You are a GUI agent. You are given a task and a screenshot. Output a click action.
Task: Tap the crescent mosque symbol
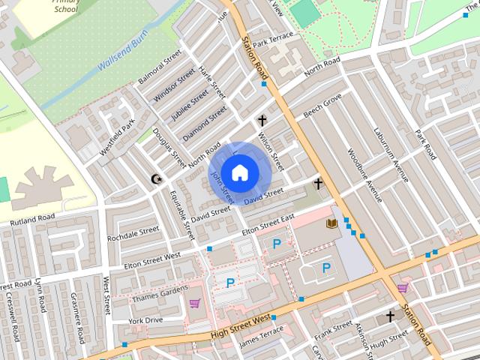[157, 179]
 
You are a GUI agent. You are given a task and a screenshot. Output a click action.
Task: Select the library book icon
[331, 223]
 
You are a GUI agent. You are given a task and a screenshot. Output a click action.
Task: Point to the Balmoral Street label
[160, 68]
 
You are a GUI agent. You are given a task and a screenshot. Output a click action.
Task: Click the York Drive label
[145, 320]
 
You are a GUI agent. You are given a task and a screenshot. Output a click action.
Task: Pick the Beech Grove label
[322, 106]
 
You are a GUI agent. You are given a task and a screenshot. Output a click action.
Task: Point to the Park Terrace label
[274, 37]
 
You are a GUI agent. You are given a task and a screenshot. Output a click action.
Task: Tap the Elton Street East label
[266, 225]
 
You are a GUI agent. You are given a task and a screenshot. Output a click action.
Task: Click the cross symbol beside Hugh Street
[390, 316]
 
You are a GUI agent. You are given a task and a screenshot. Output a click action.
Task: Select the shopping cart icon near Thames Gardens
[195, 303]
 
